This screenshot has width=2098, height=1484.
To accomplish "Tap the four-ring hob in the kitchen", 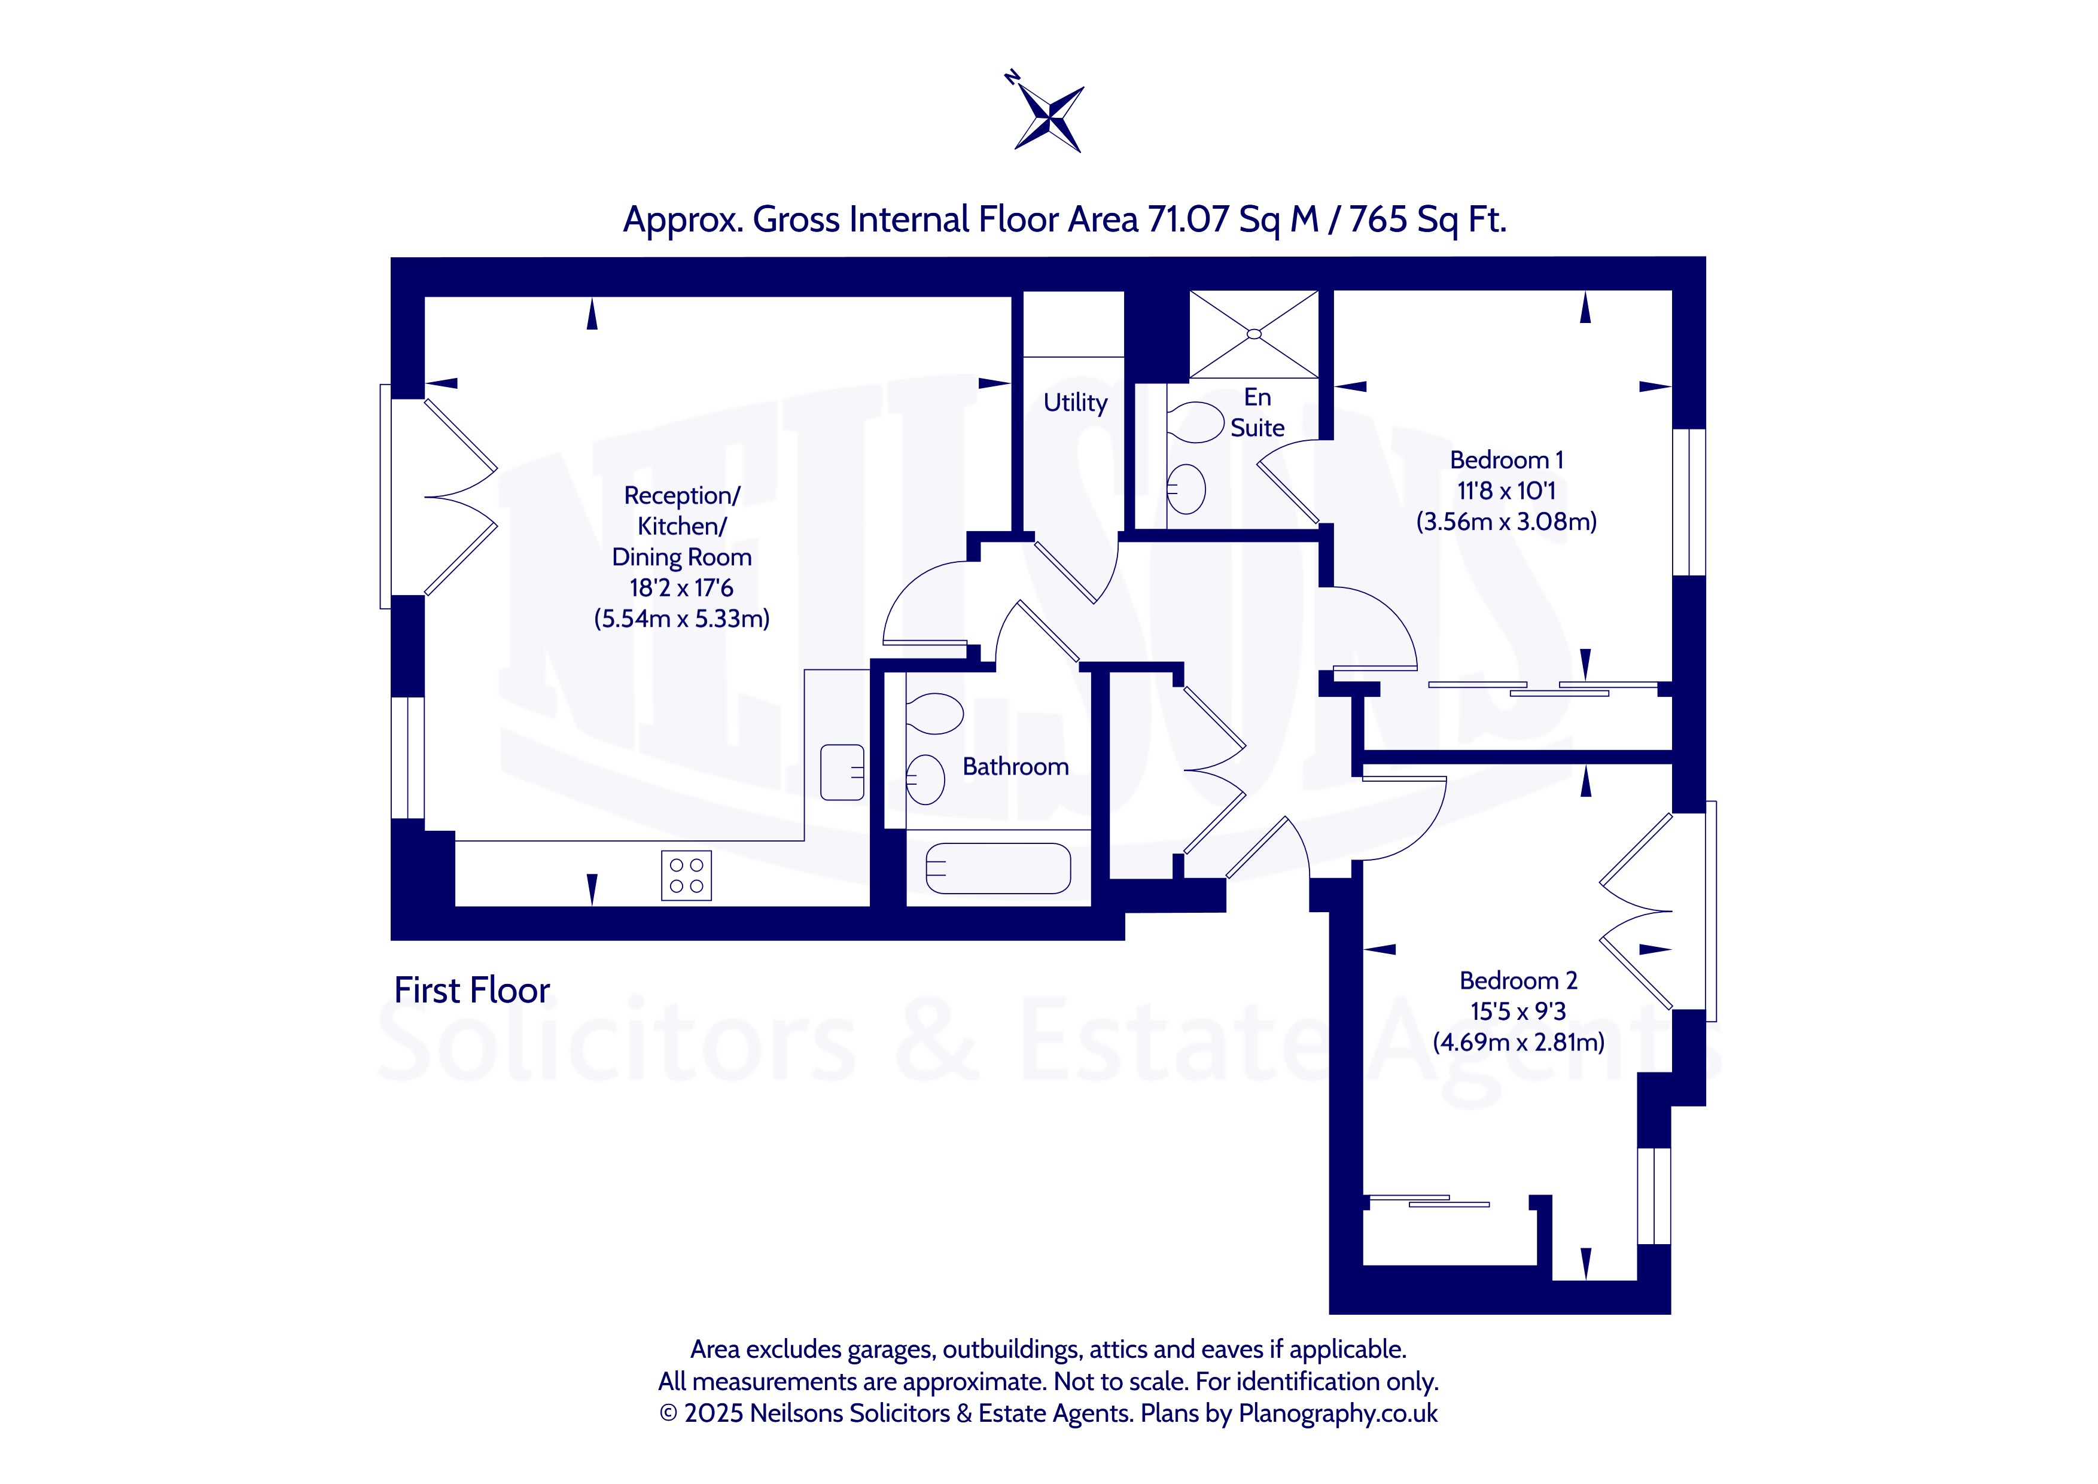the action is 686,876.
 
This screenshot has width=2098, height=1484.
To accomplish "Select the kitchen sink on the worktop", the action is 842,772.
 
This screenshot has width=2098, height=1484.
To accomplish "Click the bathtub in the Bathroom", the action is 998,868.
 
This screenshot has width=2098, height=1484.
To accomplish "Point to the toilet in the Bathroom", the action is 934,714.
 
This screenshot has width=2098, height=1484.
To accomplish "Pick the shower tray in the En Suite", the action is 1254,334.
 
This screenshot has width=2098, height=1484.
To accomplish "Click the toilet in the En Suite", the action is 1195,422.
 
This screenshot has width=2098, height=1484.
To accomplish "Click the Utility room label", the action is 1076,403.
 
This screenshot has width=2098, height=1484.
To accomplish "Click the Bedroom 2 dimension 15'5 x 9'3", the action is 1518,1011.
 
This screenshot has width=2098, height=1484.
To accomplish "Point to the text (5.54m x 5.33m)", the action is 681,618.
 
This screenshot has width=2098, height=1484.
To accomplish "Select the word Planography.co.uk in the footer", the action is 1338,1413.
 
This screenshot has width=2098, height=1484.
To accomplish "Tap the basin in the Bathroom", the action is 925,779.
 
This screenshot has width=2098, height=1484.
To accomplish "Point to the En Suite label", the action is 1257,412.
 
